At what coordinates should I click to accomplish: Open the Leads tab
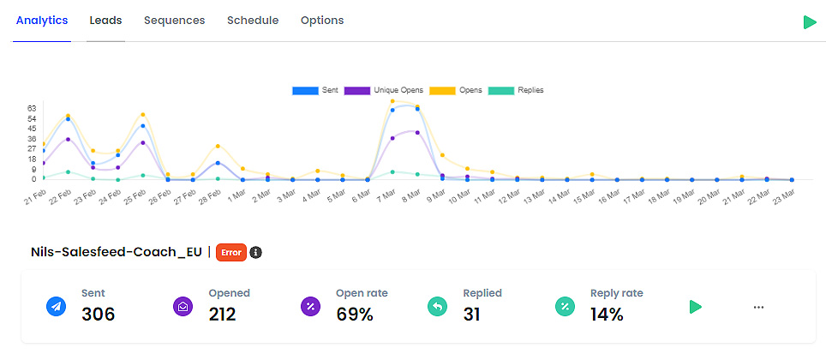pyautogui.click(x=105, y=21)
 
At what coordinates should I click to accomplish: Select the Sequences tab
pyautogui.click(x=174, y=21)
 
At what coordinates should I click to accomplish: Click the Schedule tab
pyautogui.click(x=253, y=21)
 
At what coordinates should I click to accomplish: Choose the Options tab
pyautogui.click(x=322, y=21)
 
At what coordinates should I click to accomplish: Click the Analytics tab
pyautogui.click(x=42, y=21)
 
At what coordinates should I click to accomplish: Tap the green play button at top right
pyautogui.click(x=810, y=22)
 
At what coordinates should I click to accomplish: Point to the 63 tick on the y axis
pyautogui.click(x=32, y=108)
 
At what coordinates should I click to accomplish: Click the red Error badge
pyautogui.click(x=231, y=252)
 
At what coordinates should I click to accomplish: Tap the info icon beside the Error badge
pyautogui.click(x=255, y=252)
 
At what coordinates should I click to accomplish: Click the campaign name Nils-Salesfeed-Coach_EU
pyautogui.click(x=117, y=252)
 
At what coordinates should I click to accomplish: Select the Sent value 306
pyautogui.click(x=98, y=315)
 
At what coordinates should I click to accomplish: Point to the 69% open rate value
pyautogui.click(x=354, y=315)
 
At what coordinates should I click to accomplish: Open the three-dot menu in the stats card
pyautogui.click(x=758, y=307)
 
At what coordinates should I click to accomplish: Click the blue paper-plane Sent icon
pyautogui.click(x=57, y=307)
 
